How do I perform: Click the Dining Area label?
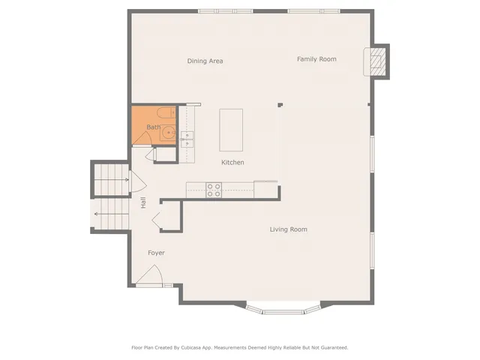(x=205, y=61)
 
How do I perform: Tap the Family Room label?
(x=316, y=58)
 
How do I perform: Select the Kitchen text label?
(x=232, y=163)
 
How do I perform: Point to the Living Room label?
(x=288, y=229)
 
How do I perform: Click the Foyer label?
(x=155, y=253)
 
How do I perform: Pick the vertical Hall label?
(x=142, y=202)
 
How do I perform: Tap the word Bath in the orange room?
(x=152, y=127)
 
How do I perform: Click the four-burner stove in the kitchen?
(x=213, y=190)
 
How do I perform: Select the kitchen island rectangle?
(x=231, y=129)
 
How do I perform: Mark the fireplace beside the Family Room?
(x=378, y=61)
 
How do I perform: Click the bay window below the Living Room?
(x=285, y=310)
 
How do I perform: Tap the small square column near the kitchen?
(x=279, y=106)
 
